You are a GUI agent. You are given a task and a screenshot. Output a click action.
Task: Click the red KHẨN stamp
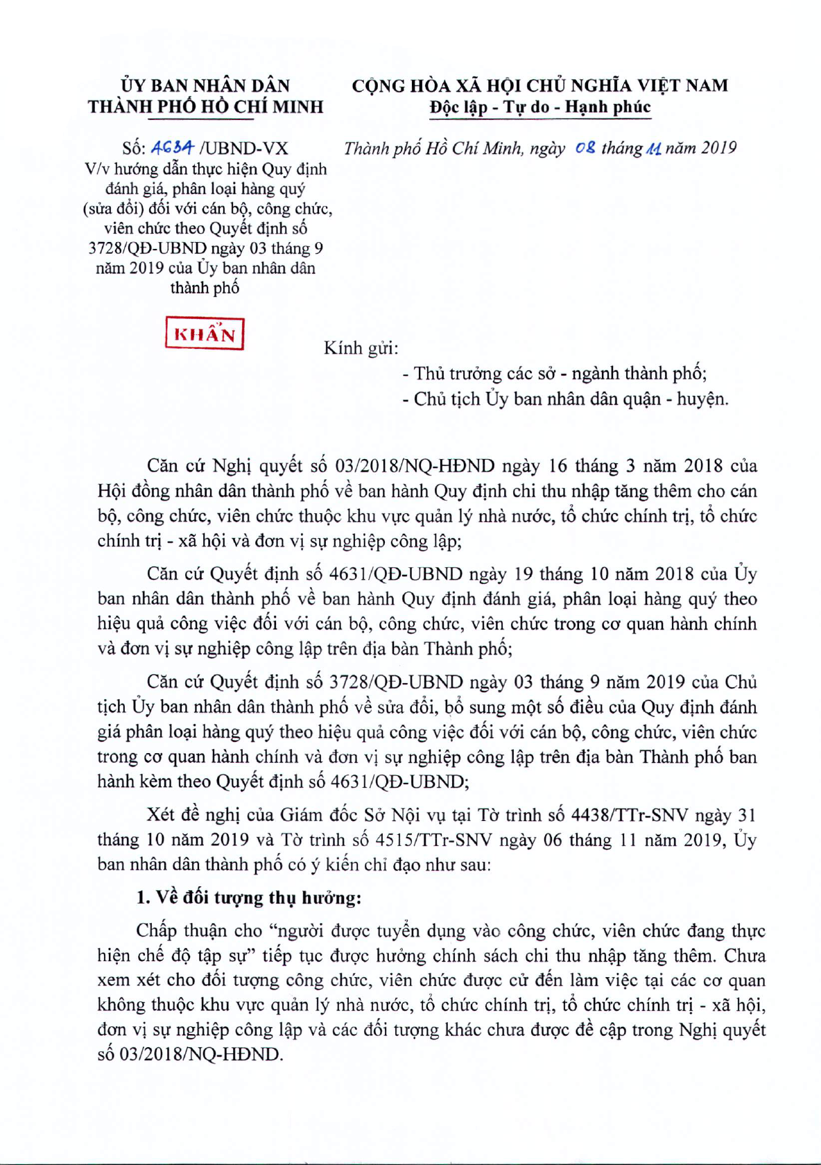205,334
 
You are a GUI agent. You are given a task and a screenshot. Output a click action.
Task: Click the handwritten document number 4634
173,148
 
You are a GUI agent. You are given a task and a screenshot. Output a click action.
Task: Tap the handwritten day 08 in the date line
585,148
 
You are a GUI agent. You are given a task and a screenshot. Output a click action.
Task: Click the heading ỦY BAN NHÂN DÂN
205,85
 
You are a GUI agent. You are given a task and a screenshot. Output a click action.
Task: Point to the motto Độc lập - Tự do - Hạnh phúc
540,107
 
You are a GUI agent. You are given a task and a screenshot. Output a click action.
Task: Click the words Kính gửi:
361,348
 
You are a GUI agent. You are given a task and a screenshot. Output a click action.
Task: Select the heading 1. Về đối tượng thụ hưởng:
249,898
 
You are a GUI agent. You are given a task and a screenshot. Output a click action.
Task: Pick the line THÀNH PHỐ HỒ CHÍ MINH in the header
205,107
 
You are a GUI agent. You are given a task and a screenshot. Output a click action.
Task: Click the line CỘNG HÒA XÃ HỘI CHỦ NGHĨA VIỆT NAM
540,85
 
